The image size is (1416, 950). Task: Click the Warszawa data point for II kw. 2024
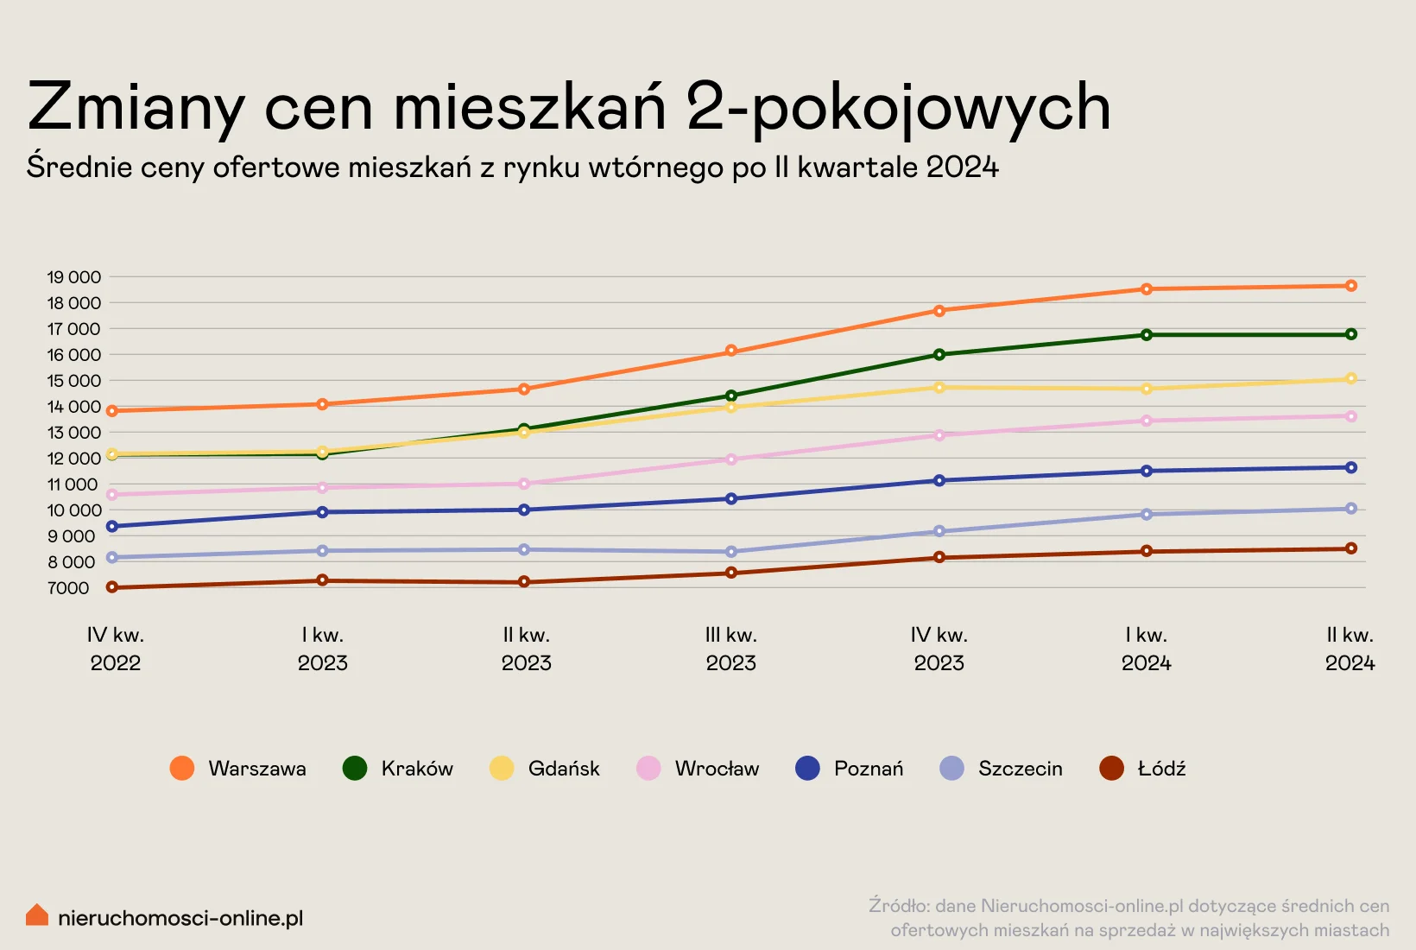point(1350,286)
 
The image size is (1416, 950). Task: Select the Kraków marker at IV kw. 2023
point(939,355)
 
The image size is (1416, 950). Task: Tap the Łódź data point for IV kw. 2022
point(112,587)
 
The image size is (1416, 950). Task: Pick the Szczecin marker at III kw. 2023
point(731,552)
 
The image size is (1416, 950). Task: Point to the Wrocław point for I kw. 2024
point(1147,421)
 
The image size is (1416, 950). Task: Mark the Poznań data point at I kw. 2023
point(322,512)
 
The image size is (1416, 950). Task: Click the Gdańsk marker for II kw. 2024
point(1350,379)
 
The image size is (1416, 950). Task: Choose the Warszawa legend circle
point(182,768)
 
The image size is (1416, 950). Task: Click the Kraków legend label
point(417,769)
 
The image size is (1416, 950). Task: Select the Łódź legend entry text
point(1161,769)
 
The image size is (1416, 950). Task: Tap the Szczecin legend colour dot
point(951,768)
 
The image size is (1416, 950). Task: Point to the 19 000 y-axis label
point(74,277)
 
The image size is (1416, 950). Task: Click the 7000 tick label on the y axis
point(69,588)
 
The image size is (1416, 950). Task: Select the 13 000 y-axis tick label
point(74,433)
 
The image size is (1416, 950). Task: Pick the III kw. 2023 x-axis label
point(731,649)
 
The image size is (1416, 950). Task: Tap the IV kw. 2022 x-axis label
point(116,649)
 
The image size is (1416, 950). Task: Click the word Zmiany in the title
point(136,108)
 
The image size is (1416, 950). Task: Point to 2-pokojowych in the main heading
point(898,108)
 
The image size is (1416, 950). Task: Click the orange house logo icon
point(37,915)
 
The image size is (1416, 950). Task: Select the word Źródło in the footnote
point(898,906)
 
